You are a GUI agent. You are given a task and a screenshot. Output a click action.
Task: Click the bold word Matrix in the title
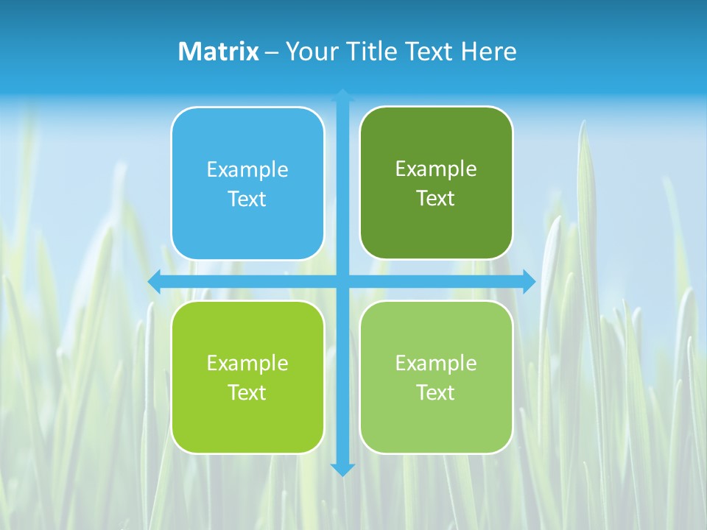(219, 52)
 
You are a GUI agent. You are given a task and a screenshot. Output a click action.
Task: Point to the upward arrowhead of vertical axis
(342, 95)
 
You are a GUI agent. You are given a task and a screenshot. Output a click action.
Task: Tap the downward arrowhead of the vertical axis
(342, 470)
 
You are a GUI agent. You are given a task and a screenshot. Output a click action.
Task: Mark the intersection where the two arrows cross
(342, 281)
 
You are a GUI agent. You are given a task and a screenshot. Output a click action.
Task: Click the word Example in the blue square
(247, 169)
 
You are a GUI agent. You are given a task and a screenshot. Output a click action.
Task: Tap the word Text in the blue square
(247, 199)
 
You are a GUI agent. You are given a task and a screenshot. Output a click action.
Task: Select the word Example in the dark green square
(436, 169)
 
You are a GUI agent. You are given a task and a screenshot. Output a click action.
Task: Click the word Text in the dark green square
(435, 198)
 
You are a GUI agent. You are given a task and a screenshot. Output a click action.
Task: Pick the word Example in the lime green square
(247, 363)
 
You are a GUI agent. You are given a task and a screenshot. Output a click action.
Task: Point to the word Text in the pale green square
(435, 392)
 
